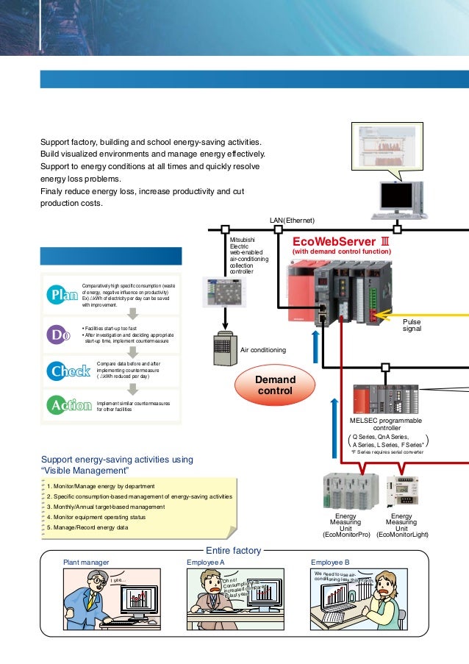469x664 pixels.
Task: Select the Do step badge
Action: [59, 335]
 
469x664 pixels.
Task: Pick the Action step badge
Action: [69, 404]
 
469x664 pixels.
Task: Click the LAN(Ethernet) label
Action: [292, 220]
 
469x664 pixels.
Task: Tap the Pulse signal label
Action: [412, 326]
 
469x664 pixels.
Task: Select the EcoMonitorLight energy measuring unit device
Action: [402, 490]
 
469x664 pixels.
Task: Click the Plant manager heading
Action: [86, 562]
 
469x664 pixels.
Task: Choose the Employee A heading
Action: [206, 562]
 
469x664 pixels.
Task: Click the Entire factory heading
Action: [233, 550]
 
